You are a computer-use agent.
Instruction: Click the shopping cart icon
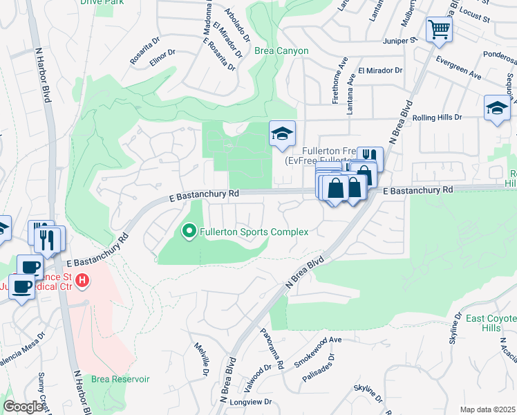coord(438,30)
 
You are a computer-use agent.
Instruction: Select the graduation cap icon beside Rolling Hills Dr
coord(496,109)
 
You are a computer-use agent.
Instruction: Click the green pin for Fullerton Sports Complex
coord(189,232)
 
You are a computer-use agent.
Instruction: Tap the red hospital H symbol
coord(82,281)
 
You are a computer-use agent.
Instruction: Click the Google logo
coord(23,407)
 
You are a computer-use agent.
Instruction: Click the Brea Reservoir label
coord(121,379)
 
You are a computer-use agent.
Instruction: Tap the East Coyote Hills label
coord(493,323)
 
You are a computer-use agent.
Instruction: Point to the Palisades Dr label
coord(320,370)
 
